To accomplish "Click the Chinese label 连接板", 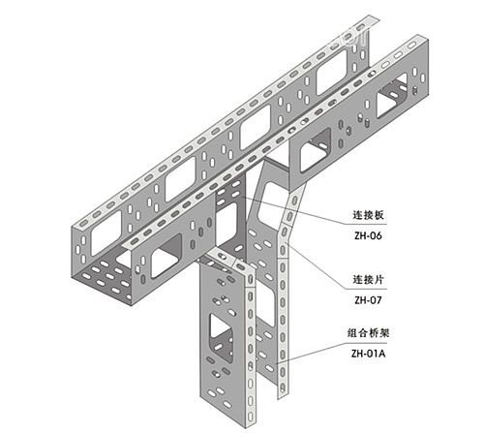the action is coord(368,215).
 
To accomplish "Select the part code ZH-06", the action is coord(368,235).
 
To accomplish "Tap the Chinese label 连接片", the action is coord(368,279).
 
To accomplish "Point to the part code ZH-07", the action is coord(368,300).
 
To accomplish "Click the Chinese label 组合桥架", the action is coord(368,332).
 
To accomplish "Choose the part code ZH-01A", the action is coord(368,354).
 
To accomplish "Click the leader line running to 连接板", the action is coord(313,210).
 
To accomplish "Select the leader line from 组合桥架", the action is coord(332,352).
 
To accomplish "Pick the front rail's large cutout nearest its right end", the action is coord(392,96).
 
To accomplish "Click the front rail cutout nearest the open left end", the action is coord(166,256).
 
